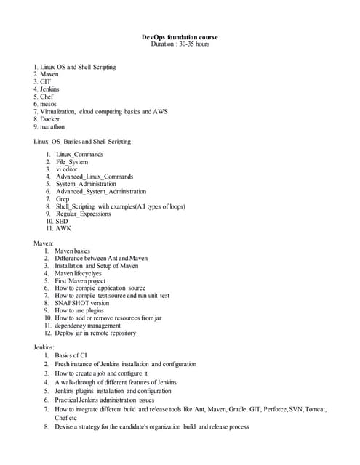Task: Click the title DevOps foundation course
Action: point(179,37)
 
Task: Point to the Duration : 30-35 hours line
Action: point(179,44)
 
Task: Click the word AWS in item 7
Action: point(161,111)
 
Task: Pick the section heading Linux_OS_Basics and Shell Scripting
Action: point(82,141)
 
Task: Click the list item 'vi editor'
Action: point(67,169)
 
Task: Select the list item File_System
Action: point(72,162)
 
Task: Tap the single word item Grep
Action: point(63,199)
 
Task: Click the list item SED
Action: point(61,221)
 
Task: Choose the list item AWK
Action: point(63,228)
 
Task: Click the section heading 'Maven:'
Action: point(44,243)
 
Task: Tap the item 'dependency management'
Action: point(87,325)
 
